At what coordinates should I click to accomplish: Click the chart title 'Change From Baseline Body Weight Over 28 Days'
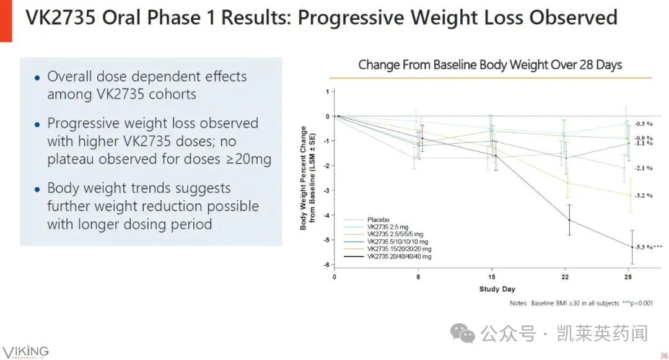tap(490, 65)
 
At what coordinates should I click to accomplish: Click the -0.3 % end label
tap(644, 124)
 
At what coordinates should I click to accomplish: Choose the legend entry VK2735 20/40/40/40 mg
tap(399, 256)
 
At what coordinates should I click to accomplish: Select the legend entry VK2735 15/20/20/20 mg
tap(399, 248)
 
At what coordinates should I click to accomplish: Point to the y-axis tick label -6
tap(326, 265)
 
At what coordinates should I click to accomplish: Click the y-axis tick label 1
tap(327, 92)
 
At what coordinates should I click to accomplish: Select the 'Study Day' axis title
tap(497, 289)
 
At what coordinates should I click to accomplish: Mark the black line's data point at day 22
tap(569, 220)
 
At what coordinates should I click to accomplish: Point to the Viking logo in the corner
tap(25, 352)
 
